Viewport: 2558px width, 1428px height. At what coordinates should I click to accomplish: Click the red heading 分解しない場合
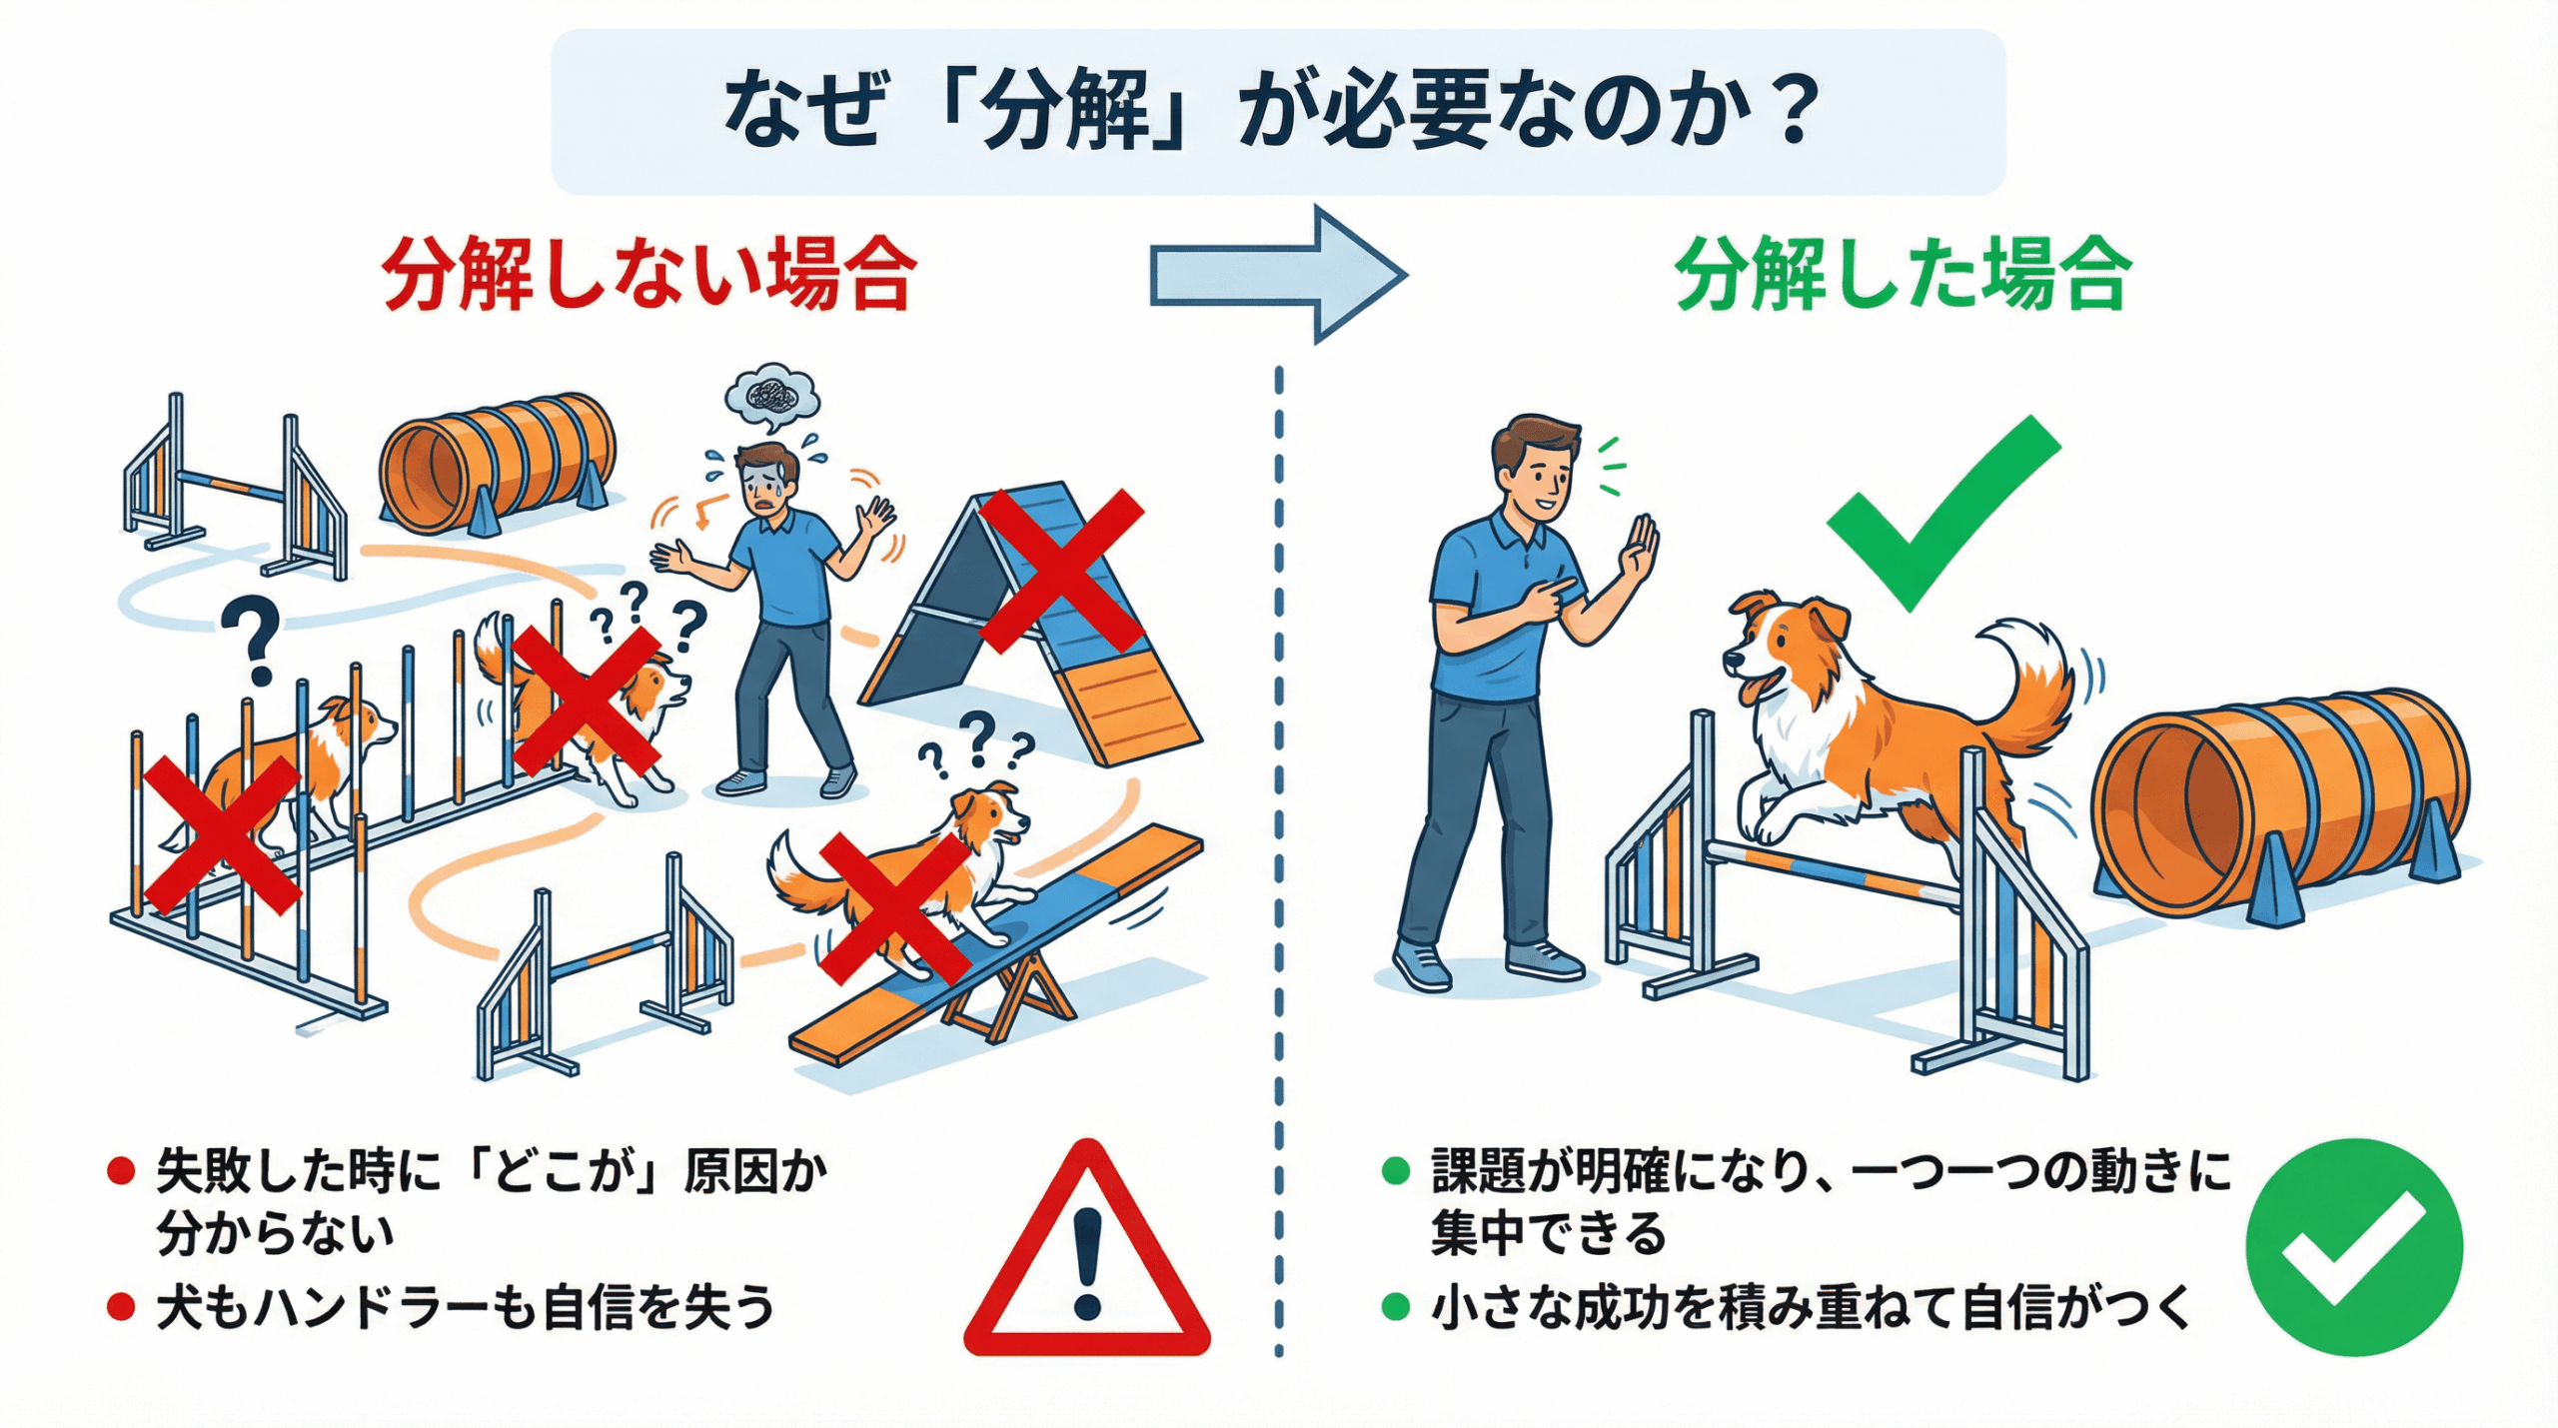coord(648,274)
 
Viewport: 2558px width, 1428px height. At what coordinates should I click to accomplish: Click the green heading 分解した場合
coord(1904,274)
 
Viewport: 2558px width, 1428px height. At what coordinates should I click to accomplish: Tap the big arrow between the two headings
coord(1279,274)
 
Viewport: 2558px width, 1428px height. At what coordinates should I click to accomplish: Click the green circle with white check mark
coord(2354,1247)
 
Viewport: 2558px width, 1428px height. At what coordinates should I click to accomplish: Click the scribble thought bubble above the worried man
coord(772,396)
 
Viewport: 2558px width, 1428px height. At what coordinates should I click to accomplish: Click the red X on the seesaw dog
coord(894,910)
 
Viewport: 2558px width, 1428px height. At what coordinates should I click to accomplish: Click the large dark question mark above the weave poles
coord(253,640)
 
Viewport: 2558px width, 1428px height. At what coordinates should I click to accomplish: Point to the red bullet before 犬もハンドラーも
coord(121,1307)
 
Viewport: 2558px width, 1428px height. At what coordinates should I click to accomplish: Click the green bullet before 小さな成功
coord(1395,1306)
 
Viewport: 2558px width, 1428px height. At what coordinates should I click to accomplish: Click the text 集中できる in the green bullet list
coord(1548,1233)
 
